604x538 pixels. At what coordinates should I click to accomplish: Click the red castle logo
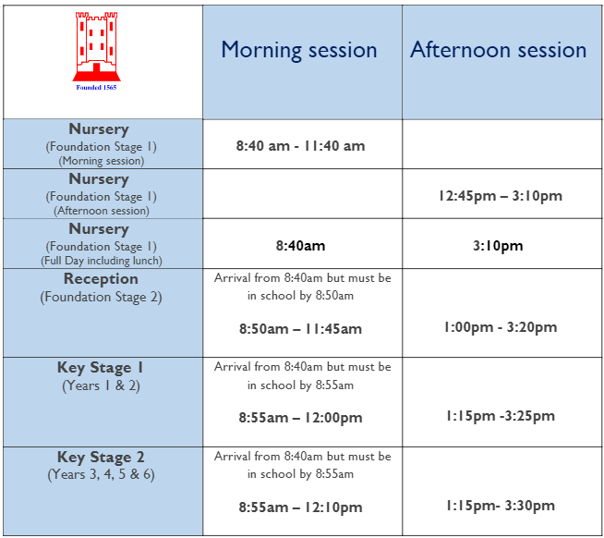click(96, 46)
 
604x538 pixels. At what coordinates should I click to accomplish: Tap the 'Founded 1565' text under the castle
click(96, 88)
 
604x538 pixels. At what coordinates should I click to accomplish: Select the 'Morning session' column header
click(299, 51)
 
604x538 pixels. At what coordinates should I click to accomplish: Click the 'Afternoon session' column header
click(498, 50)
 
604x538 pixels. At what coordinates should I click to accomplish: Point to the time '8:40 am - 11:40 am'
click(300, 146)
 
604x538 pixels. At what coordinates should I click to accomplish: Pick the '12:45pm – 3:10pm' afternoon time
click(501, 196)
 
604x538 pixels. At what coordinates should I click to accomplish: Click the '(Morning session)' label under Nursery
click(102, 161)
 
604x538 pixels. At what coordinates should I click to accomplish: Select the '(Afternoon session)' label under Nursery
click(102, 211)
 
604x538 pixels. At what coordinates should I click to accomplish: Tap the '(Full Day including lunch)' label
click(102, 261)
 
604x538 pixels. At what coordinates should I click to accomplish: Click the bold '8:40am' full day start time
click(300, 246)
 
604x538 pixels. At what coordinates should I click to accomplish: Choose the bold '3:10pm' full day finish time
click(498, 246)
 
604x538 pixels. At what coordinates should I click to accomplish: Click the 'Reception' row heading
click(101, 279)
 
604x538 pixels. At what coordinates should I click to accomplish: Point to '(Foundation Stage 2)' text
click(101, 297)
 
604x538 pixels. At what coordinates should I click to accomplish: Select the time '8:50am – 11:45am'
click(300, 329)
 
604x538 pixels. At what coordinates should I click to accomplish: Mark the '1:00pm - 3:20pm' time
click(501, 327)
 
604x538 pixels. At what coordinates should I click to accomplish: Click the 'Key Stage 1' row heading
click(100, 368)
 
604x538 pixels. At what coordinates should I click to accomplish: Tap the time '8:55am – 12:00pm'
click(300, 418)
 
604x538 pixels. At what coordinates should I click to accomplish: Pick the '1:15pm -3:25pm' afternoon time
click(501, 416)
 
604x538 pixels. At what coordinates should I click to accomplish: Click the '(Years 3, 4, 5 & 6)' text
click(101, 474)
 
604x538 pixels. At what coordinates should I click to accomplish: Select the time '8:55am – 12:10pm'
click(300, 507)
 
